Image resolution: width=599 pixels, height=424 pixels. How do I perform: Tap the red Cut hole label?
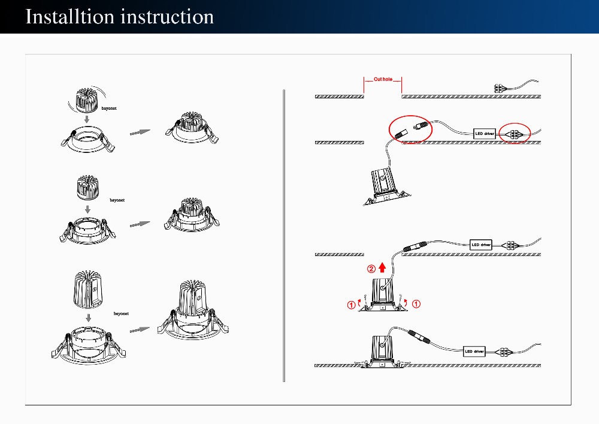[x=383, y=79]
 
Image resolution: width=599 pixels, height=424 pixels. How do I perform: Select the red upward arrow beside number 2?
[x=382, y=269]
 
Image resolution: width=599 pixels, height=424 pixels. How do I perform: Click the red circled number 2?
[x=371, y=269]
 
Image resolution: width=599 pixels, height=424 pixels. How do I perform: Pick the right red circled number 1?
[x=416, y=303]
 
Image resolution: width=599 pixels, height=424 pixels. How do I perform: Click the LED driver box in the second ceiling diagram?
[x=485, y=133]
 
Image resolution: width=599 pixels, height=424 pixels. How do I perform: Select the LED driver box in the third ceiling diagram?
[x=480, y=245]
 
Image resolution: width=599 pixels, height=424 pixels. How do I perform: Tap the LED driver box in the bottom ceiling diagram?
[x=474, y=351]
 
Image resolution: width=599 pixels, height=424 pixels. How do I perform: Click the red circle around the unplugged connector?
[x=410, y=128]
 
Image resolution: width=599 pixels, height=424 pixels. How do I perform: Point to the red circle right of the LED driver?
[x=515, y=133]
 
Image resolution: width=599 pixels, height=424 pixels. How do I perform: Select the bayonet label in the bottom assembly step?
[x=122, y=314]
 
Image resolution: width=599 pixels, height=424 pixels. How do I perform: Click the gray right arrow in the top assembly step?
[x=140, y=132]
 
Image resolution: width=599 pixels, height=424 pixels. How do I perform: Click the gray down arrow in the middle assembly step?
[x=87, y=209]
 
